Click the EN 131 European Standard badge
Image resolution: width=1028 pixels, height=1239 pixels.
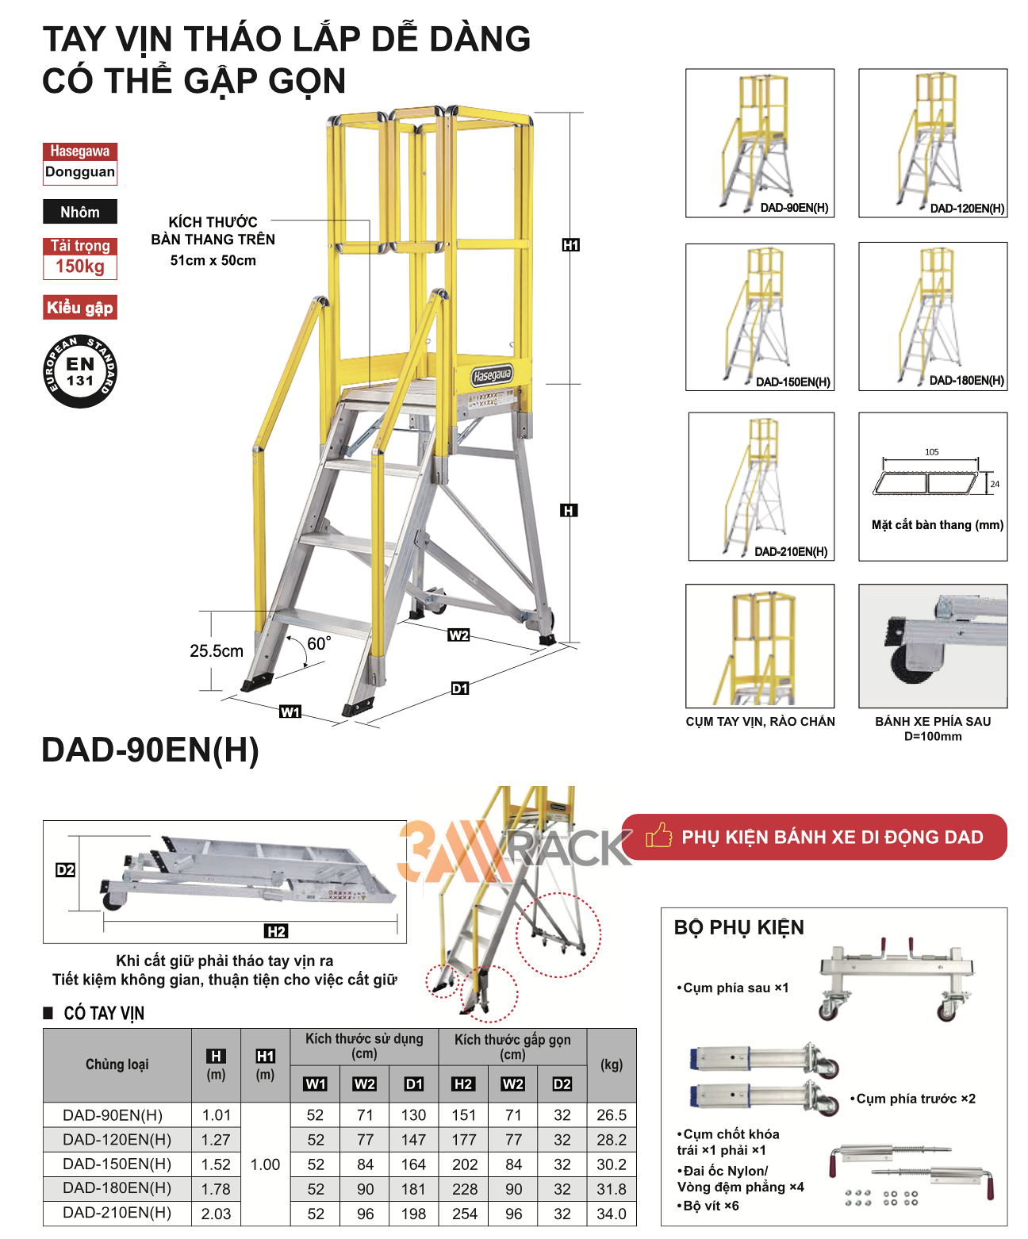point(80,371)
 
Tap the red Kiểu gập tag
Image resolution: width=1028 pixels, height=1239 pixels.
point(80,308)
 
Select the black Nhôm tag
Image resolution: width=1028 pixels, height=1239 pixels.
point(80,212)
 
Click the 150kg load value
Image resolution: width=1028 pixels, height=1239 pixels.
point(80,267)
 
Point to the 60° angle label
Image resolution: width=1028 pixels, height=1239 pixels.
point(319,643)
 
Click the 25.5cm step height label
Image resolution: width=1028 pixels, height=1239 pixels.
point(217,651)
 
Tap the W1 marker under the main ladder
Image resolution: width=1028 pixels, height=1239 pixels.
point(290,712)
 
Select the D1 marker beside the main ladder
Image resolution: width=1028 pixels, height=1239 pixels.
point(460,689)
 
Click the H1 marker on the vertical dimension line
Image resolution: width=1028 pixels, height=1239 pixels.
point(570,245)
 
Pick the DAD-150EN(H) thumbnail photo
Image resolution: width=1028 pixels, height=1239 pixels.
point(759,316)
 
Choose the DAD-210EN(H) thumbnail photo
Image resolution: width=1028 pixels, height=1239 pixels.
point(761,486)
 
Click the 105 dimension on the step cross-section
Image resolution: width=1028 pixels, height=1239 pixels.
point(931,452)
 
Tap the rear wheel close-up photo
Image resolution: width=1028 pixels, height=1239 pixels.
point(933,646)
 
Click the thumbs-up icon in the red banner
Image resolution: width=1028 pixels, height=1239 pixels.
point(658,835)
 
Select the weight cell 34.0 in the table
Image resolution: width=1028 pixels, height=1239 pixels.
point(612,1214)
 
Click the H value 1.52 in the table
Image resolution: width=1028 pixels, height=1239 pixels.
point(216,1164)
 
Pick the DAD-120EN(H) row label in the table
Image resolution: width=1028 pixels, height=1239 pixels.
point(117,1140)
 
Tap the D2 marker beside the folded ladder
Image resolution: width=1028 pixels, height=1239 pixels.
point(65,870)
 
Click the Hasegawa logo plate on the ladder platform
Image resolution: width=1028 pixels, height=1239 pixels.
point(492,375)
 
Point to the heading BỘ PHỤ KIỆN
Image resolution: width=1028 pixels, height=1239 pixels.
point(738,927)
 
